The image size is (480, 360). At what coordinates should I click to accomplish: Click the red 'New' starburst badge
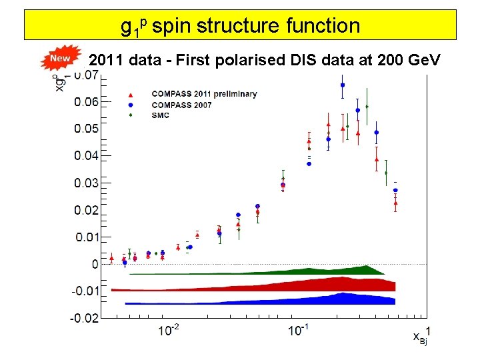(x=60, y=59)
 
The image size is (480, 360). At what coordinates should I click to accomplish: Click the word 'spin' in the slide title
(x=173, y=27)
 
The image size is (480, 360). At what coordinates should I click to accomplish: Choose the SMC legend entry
(x=161, y=115)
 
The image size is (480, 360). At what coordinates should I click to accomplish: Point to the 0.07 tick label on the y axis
(x=85, y=75)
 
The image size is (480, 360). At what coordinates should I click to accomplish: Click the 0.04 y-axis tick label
(x=85, y=155)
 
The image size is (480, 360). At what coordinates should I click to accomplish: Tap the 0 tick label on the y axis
(x=95, y=264)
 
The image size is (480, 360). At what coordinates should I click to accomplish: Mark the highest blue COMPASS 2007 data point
(x=343, y=85)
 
